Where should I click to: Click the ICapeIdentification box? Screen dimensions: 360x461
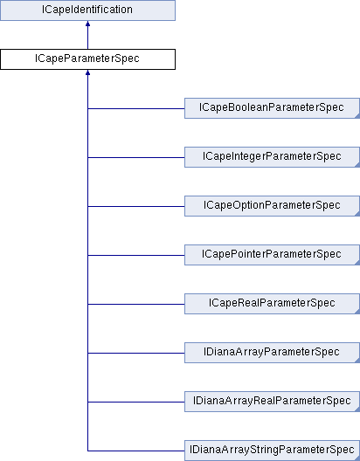point(87,10)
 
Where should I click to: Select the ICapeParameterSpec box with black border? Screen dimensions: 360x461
point(87,59)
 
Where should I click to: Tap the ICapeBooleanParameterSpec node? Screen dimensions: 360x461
point(272,108)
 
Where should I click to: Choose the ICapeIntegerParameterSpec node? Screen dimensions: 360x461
point(272,157)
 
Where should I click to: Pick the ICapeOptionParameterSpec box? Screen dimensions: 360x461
point(272,206)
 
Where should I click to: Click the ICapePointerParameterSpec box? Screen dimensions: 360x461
point(272,255)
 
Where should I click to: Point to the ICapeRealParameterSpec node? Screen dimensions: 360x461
point(272,304)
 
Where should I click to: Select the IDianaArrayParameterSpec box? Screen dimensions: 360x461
point(272,353)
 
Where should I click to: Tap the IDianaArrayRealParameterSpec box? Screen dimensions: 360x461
point(272,402)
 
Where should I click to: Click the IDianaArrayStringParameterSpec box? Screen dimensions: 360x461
point(272,451)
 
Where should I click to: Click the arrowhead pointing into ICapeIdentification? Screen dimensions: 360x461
point(87,24)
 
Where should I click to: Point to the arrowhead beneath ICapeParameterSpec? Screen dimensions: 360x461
point(87,72)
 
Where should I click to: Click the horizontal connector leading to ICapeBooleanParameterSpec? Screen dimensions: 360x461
point(136,108)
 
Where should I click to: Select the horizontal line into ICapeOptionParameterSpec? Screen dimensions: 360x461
point(136,206)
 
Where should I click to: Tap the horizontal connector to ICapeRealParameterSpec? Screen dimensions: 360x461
point(136,304)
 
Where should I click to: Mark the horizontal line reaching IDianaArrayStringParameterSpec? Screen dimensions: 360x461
point(136,451)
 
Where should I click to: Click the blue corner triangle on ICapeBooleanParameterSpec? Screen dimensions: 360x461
point(357,117)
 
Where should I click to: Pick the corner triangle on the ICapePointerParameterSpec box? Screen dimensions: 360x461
point(357,264)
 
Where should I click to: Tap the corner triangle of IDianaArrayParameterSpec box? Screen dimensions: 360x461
point(357,361)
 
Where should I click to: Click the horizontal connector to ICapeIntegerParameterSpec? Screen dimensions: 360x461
point(136,157)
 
